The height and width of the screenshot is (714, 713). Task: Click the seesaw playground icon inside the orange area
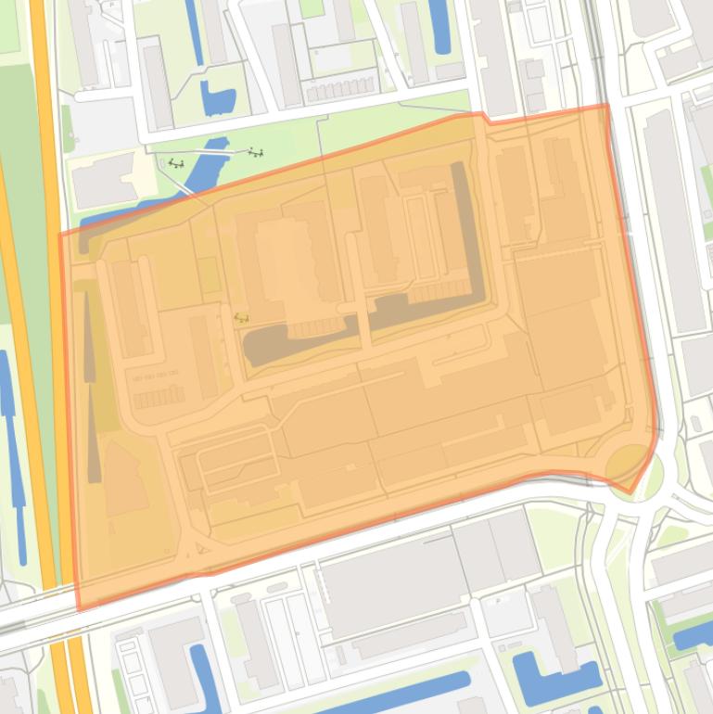tap(241, 317)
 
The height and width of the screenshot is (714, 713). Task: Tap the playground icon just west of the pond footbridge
tap(175, 163)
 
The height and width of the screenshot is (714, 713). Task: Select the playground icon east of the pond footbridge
tap(255, 151)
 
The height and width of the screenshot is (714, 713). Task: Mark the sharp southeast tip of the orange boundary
tap(632, 492)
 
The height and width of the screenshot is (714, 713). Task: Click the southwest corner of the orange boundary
tap(78, 609)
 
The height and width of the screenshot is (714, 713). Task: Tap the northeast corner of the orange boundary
tap(607, 105)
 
